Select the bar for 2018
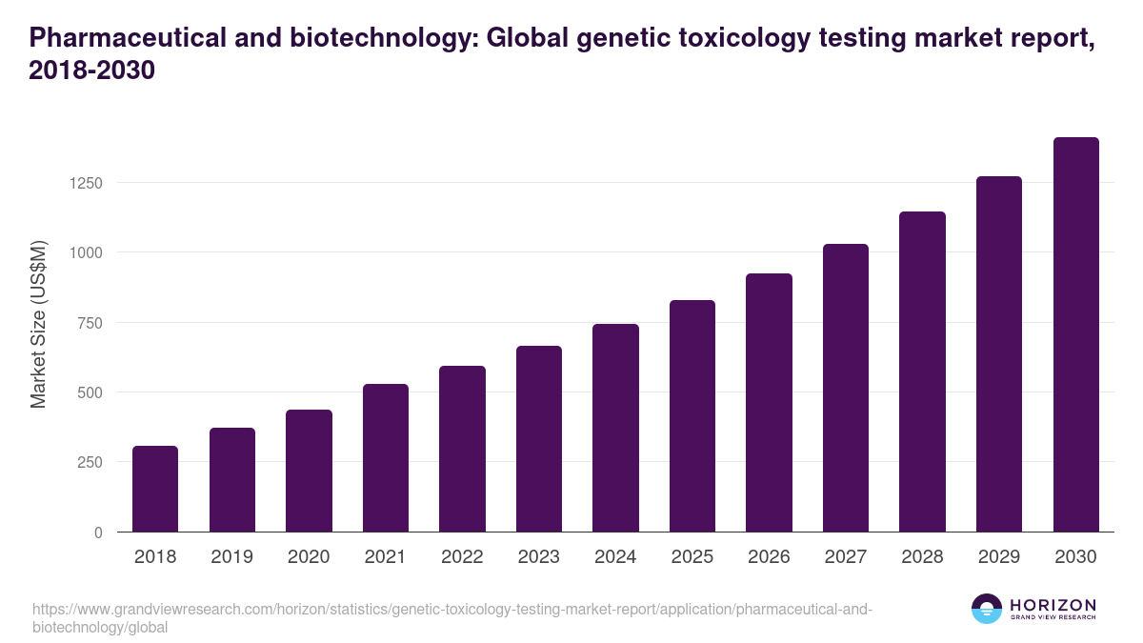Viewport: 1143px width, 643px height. (x=155, y=489)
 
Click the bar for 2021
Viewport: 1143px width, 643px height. (x=385, y=458)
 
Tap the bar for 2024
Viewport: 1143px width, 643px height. (x=615, y=428)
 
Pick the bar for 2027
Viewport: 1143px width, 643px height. (x=845, y=388)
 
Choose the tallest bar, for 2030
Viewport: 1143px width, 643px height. (x=1075, y=334)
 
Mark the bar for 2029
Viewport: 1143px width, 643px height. (x=998, y=354)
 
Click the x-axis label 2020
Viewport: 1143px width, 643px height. (x=309, y=557)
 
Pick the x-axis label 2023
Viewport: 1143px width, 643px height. (x=539, y=557)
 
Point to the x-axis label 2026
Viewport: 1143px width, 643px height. (x=769, y=557)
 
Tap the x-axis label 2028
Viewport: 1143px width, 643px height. (x=922, y=557)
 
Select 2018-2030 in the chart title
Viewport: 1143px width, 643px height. (x=91, y=70)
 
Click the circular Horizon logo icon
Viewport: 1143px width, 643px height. (x=986, y=609)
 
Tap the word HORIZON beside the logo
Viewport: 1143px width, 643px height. (x=1053, y=604)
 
